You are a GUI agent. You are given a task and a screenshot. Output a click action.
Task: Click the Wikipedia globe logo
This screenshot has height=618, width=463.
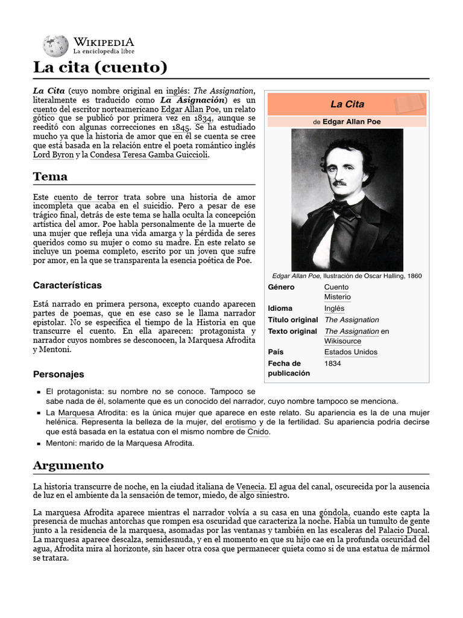click(55, 46)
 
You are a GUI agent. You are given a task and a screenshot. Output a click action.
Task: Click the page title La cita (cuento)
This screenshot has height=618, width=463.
click(99, 67)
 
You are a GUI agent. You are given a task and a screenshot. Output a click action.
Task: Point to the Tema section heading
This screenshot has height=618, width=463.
click(50, 177)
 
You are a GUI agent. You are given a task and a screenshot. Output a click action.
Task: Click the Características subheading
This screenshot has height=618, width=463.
click(67, 285)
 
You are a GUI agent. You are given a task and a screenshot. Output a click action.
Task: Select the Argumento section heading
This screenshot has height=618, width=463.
click(68, 465)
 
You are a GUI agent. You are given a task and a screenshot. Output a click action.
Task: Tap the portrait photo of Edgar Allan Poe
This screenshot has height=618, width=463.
click(347, 200)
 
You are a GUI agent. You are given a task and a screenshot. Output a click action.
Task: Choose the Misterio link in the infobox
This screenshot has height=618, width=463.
click(337, 297)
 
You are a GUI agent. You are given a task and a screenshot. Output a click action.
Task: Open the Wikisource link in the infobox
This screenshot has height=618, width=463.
click(342, 341)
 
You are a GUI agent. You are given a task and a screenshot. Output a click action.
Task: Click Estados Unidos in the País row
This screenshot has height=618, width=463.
click(351, 352)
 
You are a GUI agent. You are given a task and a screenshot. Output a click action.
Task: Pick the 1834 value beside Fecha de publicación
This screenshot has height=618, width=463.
click(333, 363)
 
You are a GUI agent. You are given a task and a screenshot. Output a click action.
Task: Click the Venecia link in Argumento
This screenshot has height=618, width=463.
click(250, 486)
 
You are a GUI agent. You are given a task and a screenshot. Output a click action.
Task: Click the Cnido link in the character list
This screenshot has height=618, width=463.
click(259, 432)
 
